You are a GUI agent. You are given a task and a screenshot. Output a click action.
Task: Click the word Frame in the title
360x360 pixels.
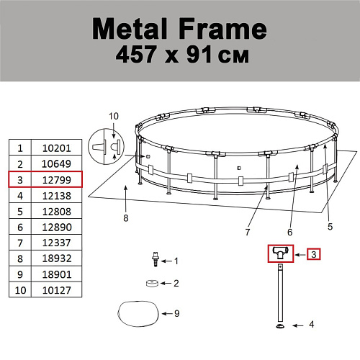tap(222, 29)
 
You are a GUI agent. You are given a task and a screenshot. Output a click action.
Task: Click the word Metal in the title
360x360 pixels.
tap(130, 29)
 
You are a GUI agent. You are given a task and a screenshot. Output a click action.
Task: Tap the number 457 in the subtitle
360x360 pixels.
tap(135, 55)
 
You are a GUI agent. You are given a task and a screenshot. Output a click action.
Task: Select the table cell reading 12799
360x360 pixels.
tap(57, 180)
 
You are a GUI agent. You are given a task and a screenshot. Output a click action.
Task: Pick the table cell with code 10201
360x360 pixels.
tap(57, 148)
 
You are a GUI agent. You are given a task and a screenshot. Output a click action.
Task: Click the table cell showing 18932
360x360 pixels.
tap(57, 258)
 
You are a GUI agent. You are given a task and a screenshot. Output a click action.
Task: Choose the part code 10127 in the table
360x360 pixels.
tap(57, 290)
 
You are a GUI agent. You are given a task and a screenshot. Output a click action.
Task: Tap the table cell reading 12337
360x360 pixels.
tap(57, 243)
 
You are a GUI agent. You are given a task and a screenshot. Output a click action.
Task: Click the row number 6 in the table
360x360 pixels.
tap(20, 228)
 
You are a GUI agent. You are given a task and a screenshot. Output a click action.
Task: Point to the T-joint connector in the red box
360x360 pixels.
tap(281, 252)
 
